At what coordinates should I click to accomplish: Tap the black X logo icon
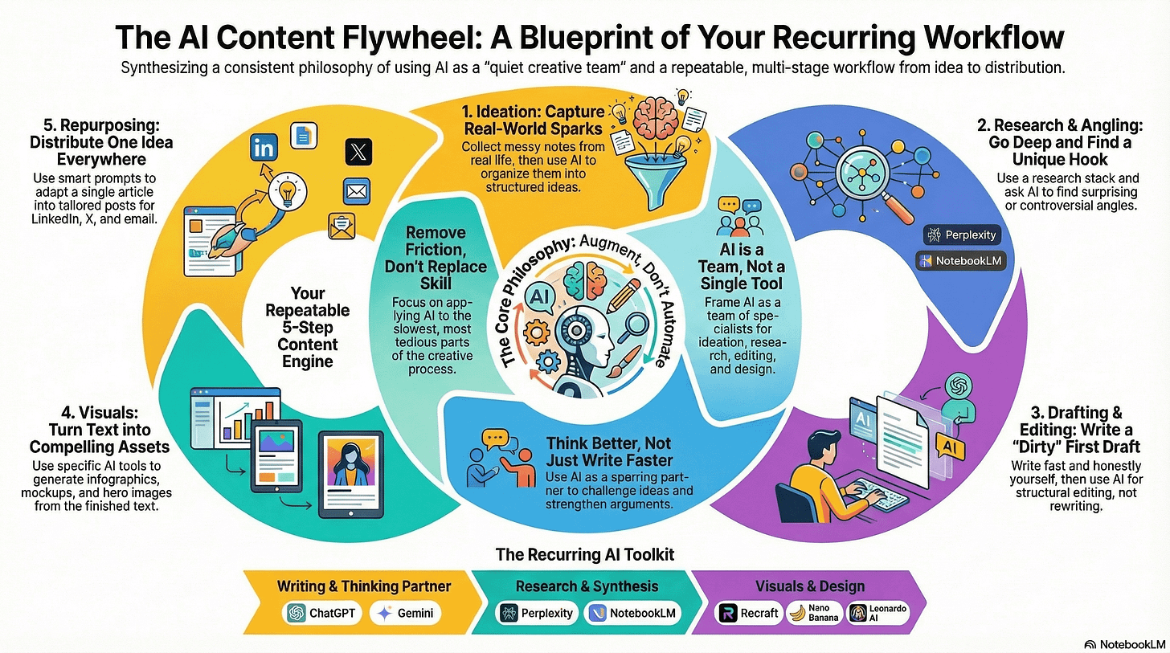358,152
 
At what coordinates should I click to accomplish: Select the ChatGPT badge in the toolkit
322,613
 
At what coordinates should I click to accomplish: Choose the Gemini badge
407,613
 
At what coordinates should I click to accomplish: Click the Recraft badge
749,613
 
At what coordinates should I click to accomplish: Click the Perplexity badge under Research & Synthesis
537,613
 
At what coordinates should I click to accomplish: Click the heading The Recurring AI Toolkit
584,554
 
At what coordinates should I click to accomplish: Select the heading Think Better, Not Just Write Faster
608,451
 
